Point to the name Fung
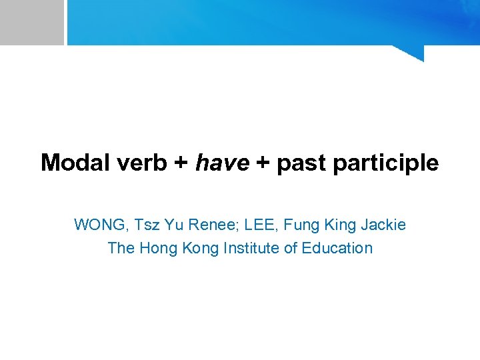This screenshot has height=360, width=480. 298,225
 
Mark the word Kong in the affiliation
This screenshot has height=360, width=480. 195,249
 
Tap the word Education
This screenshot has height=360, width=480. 337,248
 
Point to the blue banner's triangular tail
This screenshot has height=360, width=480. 413,53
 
